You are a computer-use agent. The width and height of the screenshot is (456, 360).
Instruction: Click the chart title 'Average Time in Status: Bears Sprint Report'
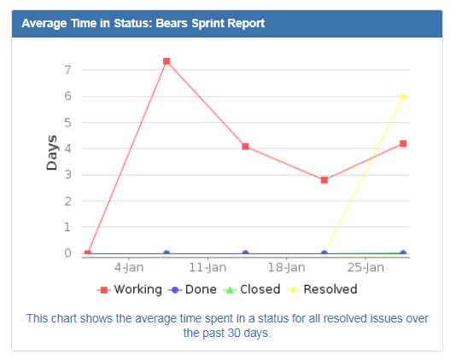143,24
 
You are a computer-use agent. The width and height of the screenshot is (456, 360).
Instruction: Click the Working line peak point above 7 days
167,61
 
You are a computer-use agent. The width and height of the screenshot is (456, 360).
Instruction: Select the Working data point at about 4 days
245,146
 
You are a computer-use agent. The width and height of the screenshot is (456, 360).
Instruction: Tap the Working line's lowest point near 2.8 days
324,180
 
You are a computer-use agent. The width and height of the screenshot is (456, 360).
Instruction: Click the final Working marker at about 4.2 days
403,143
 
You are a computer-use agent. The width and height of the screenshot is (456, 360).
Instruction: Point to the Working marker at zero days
88,253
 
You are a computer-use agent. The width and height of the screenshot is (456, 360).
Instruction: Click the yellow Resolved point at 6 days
403,96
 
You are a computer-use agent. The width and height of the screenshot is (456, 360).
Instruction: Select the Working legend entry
130,289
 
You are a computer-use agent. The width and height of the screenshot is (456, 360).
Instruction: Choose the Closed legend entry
253,289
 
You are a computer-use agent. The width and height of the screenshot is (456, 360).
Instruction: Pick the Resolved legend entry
323,289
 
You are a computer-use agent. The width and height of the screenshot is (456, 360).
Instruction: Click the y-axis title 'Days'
52,153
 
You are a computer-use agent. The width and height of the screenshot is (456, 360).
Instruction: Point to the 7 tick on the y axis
67,70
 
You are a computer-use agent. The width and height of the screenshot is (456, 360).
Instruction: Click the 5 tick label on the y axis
67,122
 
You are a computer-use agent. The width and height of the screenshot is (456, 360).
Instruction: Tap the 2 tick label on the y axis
67,201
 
